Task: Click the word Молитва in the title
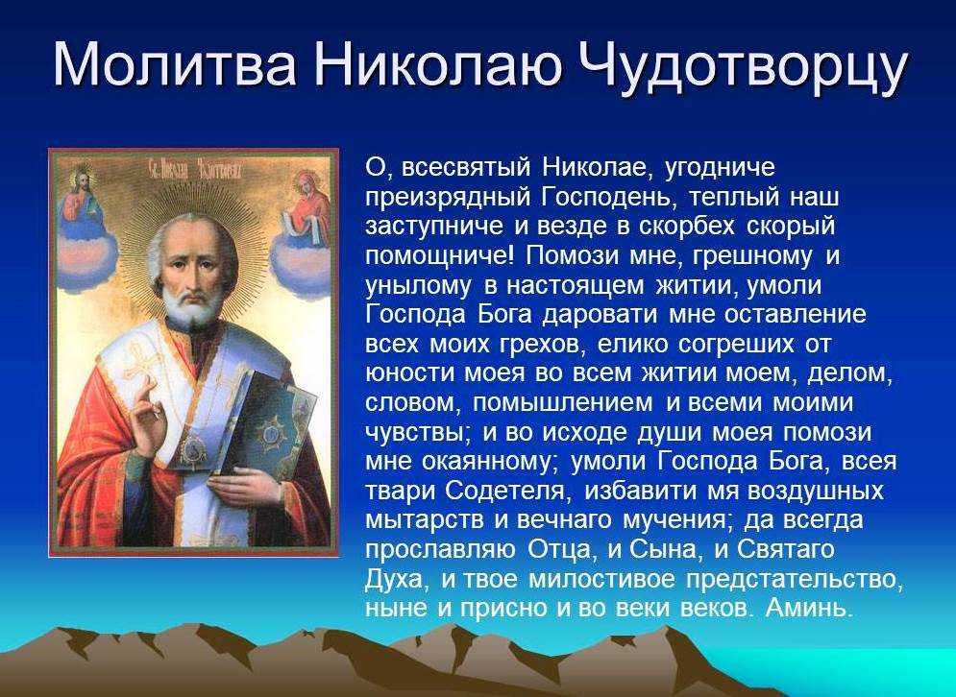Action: click(175, 64)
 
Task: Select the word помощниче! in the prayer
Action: click(440, 255)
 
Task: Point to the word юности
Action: click(409, 373)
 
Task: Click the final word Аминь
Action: click(808, 608)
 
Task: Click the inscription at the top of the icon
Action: click(195, 168)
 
